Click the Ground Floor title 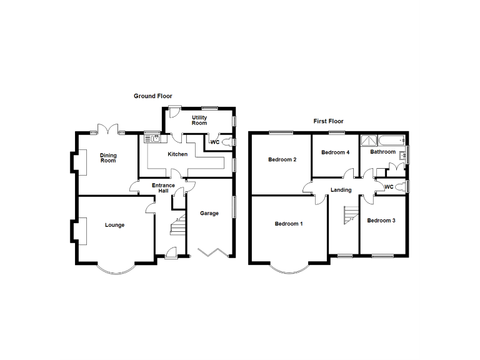pos(152,96)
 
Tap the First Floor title pos(328,121)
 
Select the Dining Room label pos(109,158)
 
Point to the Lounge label pos(114,225)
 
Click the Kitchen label pos(177,154)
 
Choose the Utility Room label pos(199,120)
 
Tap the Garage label pos(209,213)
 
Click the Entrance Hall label pos(163,188)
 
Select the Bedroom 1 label pos(288,223)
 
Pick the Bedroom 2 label pos(282,159)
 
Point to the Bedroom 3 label pos(381,220)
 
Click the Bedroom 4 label pos(336,152)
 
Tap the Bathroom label pos(382,152)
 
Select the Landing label pos(341,190)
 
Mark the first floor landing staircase pos(349,216)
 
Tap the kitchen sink pos(152,139)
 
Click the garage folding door pos(212,252)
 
